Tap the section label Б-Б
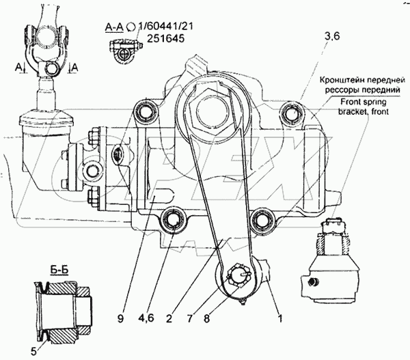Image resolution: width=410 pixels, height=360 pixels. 42,272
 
